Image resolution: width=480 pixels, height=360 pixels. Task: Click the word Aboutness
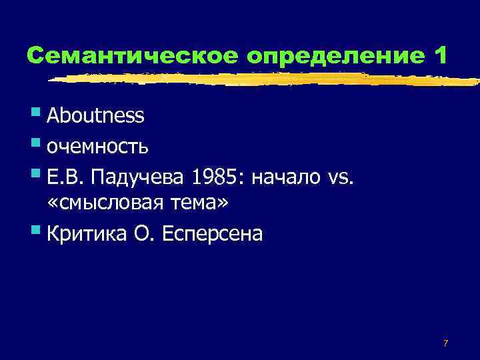[x=95, y=116]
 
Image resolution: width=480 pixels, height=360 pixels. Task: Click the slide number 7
[x=445, y=343]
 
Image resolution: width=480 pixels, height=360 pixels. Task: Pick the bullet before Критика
[x=35, y=230]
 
